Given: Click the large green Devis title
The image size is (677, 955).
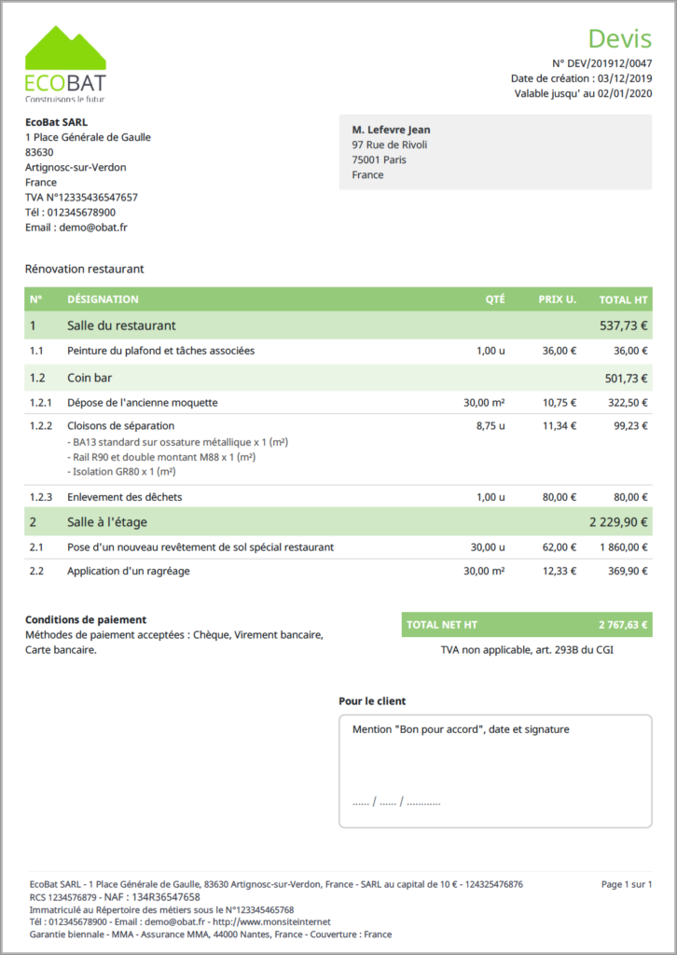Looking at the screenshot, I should pos(619,38).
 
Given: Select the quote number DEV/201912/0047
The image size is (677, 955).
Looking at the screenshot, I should pos(609,62).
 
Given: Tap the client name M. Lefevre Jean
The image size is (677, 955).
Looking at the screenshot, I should pos(391,130).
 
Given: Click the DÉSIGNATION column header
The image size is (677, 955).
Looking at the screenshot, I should pos(103,299).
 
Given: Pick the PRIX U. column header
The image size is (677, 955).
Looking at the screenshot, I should pos(557,299).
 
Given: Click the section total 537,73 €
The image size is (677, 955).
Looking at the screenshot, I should pos(623,325).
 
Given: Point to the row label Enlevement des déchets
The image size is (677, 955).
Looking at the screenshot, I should pos(125,497).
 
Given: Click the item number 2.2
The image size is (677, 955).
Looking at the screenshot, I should pos(37,571).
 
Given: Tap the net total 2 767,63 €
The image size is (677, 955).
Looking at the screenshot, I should pos(623,625).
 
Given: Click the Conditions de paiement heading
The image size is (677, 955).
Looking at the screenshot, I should pos(86,619).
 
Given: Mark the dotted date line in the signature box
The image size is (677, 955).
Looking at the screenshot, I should pos(396,802).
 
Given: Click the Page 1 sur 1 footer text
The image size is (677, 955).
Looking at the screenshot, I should pos(626,884).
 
